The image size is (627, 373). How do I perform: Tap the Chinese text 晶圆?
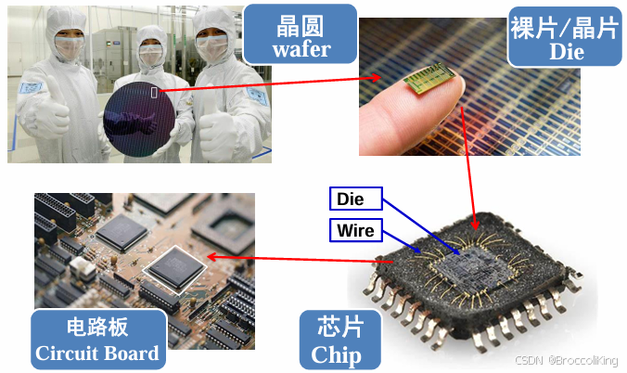301,22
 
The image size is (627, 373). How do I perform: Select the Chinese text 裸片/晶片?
564,26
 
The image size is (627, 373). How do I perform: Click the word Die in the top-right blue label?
566,51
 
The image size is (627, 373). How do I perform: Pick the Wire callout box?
356,228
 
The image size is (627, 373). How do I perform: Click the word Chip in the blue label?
335,354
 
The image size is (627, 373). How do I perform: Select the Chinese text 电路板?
97,328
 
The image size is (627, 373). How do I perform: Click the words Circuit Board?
97,353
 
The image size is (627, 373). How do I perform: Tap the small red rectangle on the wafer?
154,91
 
